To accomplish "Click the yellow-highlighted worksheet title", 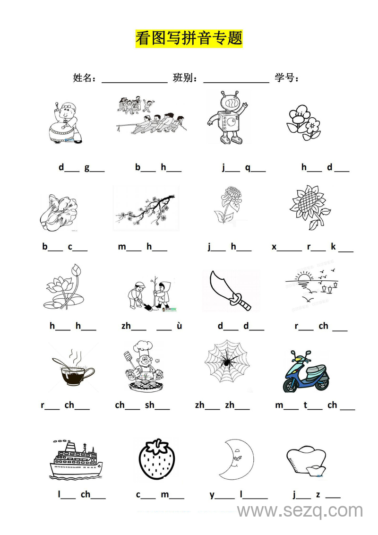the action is [x=189, y=38].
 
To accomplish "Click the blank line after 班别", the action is [x=236, y=82].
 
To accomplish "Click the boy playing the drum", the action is [x=65, y=122].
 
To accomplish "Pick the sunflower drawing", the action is [x=310, y=207].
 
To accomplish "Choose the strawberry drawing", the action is [x=157, y=459].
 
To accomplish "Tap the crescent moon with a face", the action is [x=237, y=459].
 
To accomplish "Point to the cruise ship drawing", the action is [x=76, y=459].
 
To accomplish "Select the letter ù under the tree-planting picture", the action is [x=180, y=326].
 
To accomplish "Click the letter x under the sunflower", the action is [x=274, y=247].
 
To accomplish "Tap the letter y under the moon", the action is [x=212, y=495].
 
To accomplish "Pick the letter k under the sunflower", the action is [x=333, y=246].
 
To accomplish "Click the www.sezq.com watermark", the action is [x=300, y=510].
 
